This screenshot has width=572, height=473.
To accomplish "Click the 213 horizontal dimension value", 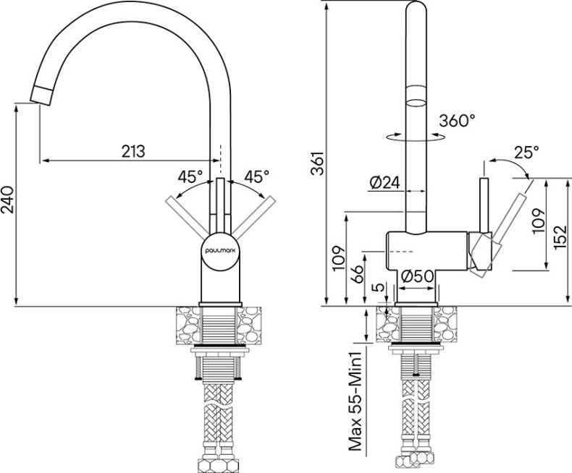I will [133, 151].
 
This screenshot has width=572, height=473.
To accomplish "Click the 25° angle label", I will [526, 153].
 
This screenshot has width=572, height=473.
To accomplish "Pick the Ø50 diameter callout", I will [416, 276].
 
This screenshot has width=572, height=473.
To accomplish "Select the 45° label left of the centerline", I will [190, 176].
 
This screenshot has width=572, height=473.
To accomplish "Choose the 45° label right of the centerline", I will [256, 176].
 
